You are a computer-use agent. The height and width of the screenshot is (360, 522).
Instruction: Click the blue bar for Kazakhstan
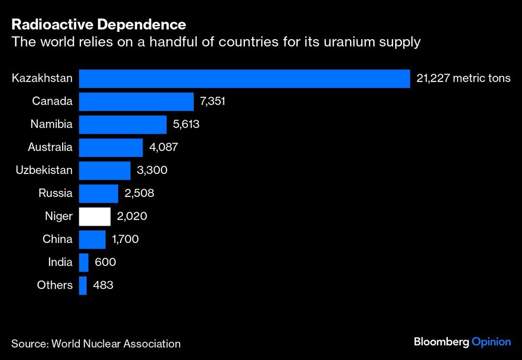244,78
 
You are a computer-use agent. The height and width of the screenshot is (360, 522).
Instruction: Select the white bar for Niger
94,216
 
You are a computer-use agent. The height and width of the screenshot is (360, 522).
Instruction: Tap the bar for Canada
136,101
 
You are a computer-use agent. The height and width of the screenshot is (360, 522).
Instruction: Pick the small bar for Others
82,285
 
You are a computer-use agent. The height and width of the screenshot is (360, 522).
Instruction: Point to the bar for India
84,262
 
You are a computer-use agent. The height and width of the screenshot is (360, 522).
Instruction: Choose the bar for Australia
111,147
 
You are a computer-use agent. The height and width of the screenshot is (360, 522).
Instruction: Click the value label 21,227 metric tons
463,78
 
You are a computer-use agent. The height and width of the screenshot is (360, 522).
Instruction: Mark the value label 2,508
139,193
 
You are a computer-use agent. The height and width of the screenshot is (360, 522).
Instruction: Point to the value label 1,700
125,239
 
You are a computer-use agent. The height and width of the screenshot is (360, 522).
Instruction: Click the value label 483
103,285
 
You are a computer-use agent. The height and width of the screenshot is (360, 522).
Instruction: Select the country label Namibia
51,124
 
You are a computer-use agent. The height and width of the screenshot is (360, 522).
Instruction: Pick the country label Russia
55,193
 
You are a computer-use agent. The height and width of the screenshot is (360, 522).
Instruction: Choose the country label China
57,239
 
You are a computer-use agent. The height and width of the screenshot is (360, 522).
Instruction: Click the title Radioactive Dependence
99,25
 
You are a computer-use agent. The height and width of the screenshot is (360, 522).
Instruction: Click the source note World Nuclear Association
96,343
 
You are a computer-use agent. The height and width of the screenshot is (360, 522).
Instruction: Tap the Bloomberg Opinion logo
462,342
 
